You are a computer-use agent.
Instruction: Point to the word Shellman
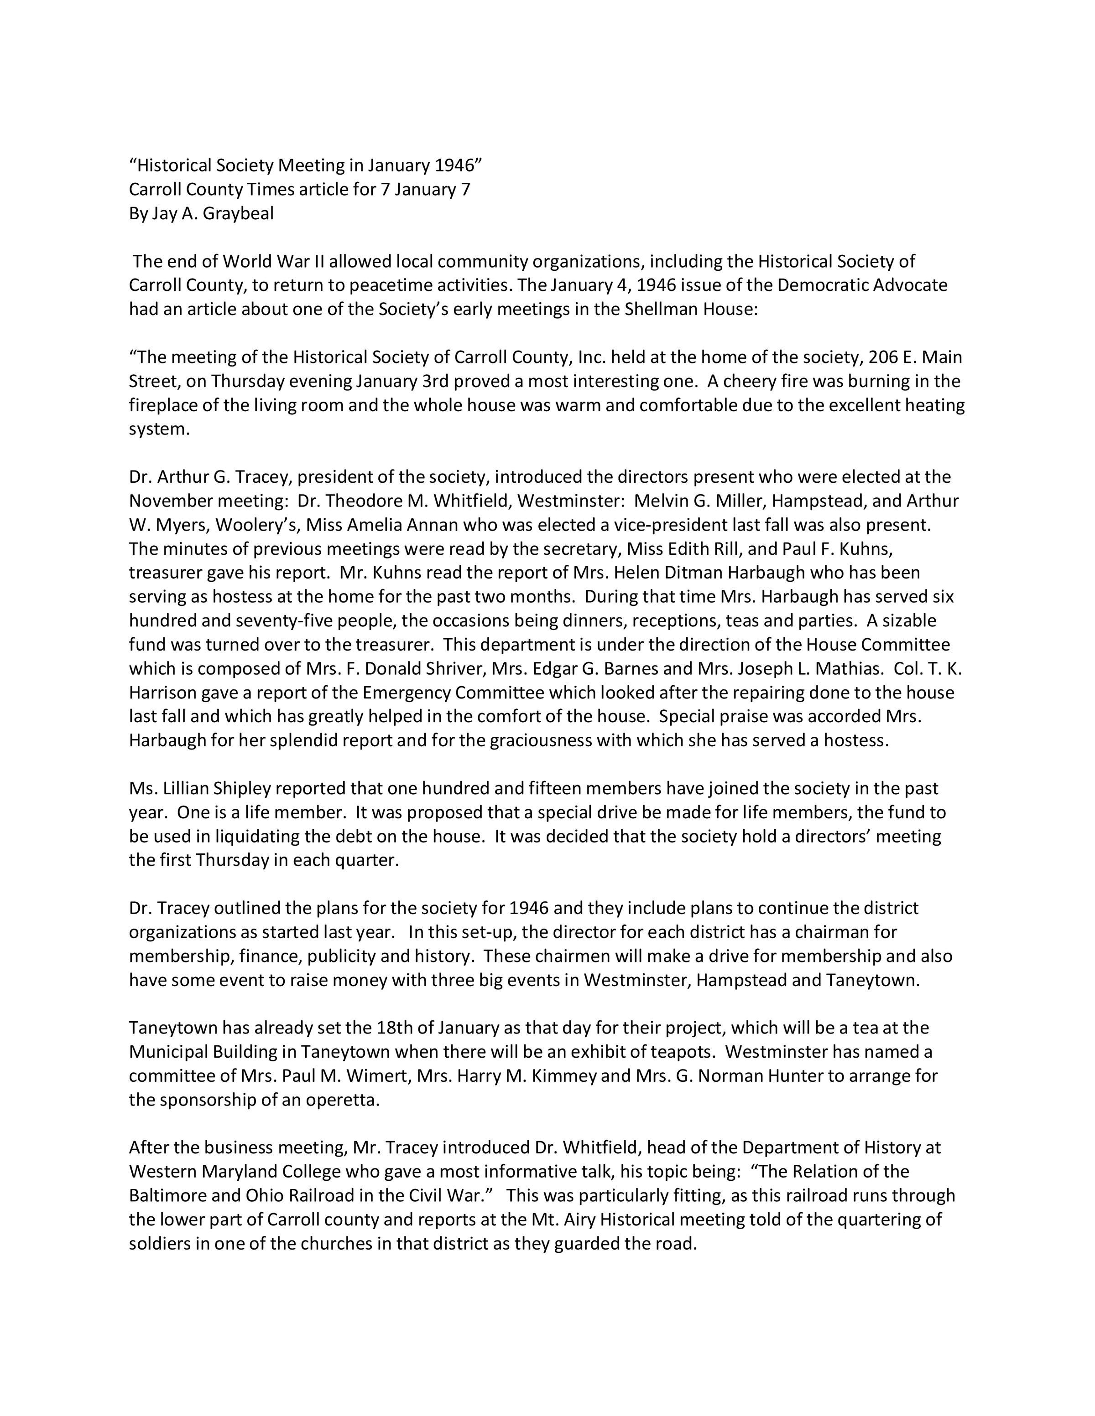coord(662,309)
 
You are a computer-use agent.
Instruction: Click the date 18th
coord(391,1028)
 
